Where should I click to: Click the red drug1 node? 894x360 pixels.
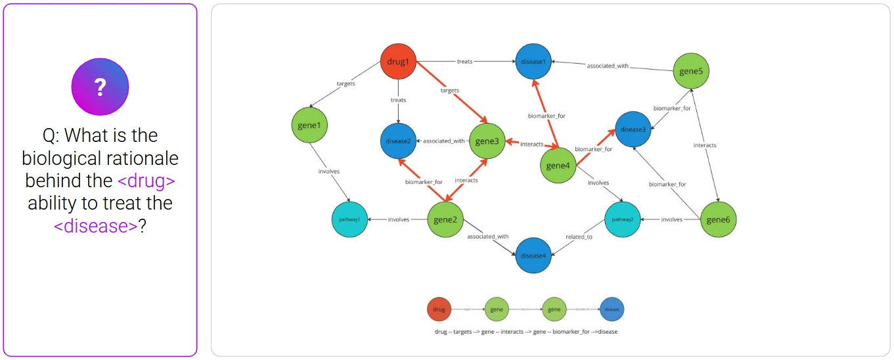(399, 62)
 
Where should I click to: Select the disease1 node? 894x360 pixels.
(533, 62)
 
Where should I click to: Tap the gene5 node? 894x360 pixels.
(692, 70)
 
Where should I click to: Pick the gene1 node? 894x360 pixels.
(309, 125)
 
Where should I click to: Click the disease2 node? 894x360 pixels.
(398, 141)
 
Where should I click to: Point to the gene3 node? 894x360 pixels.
(486, 141)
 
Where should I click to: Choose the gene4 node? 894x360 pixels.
(557, 166)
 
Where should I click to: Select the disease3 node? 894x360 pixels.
(633, 129)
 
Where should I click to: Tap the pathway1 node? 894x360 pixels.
(349, 219)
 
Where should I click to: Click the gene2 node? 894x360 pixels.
(446, 219)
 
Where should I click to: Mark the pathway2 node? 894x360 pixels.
(622, 219)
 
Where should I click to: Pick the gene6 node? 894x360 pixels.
(718, 219)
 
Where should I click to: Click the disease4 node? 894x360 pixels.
(533, 256)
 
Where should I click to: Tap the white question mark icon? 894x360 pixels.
(100, 86)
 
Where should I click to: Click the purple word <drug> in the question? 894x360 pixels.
(151, 181)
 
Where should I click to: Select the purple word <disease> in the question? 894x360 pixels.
(96, 225)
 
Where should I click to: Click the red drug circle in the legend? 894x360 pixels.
(439, 309)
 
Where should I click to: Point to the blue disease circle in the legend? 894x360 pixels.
(612, 309)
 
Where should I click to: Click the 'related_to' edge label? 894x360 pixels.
(579, 236)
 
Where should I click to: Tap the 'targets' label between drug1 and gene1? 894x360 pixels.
(346, 84)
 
